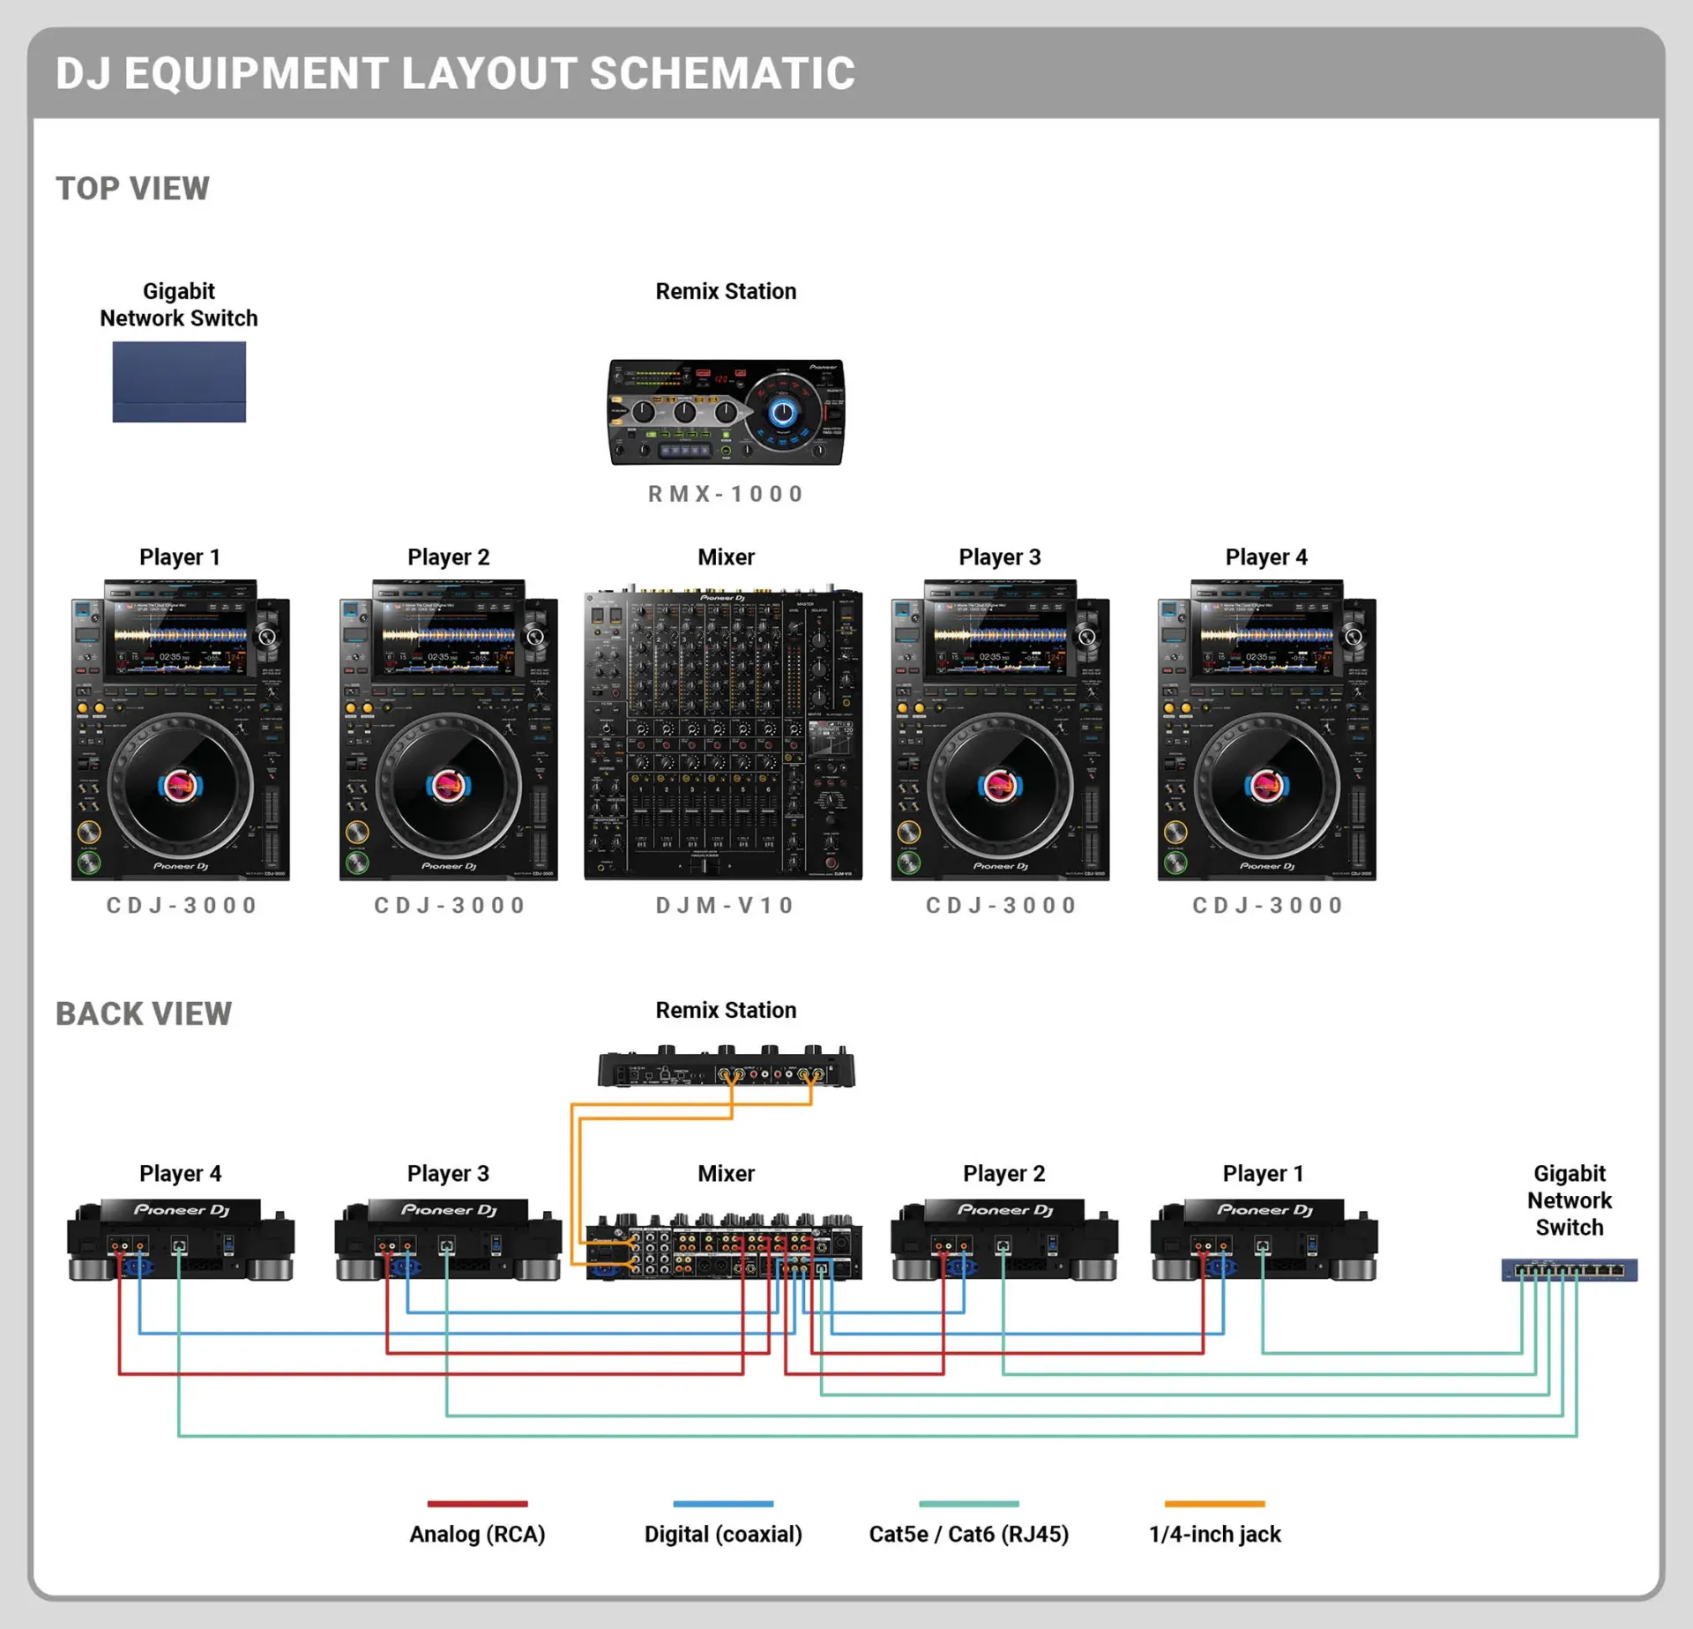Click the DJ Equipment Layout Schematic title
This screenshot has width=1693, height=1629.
pos(455,73)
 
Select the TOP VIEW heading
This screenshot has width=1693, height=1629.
pos(132,189)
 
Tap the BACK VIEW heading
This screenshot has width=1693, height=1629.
pos(144,1014)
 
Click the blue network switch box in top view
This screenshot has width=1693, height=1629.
pos(179,382)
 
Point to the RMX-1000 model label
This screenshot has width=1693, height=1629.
pos(726,494)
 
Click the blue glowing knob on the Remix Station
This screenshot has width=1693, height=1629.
pos(782,411)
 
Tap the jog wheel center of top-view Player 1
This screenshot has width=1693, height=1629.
pos(180,785)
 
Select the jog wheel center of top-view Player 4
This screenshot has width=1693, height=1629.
pos(1266,785)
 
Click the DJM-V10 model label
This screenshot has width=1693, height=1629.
pos(726,906)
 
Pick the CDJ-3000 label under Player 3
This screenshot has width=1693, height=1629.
pos(1001,906)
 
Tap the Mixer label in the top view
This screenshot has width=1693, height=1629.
pos(726,557)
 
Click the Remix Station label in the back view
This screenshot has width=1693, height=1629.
pos(726,1011)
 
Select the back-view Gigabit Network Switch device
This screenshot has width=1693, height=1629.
pos(1570,1270)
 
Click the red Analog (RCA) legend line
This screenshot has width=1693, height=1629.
pos(477,1504)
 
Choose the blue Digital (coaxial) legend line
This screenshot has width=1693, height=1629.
pos(723,1504)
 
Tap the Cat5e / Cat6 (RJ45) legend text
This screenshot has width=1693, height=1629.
pos(968,1535)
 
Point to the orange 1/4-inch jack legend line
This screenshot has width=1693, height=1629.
pos(1214,1504)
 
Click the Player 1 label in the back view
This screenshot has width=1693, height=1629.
pos(1263,1174)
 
